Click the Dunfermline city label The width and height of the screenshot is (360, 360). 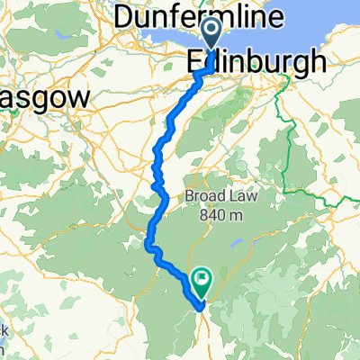(x=211, y=16)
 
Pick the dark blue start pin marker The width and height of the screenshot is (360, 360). (x=212, y=37)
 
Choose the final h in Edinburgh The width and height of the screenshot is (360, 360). (x=317, y=62)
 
